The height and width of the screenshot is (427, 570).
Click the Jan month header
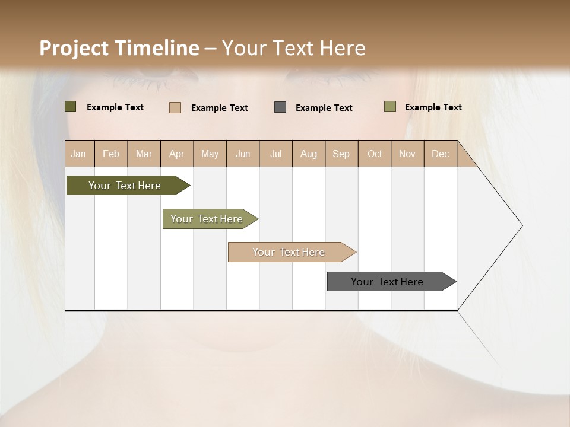click(79, 154)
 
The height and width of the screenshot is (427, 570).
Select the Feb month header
click(111, 154)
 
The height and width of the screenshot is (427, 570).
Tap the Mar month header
click(144, 154)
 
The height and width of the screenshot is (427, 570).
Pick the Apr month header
click(177, 154)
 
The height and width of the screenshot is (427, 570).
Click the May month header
click(210, 154)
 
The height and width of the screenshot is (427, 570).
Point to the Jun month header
click(243, 154)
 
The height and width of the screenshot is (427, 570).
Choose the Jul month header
click(275, 154)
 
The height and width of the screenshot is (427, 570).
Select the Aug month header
click(309, 154)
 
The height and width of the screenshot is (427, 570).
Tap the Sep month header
click(341, 154)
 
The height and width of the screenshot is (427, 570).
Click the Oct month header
click(375, 154)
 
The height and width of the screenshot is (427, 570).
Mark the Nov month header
click(407, 154)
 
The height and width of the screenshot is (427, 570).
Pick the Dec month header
click(441, 154)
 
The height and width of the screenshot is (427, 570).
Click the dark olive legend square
click(71, 107)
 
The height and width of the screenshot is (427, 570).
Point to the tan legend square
click(175, 107)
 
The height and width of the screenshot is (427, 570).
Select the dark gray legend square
click(280, 107)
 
